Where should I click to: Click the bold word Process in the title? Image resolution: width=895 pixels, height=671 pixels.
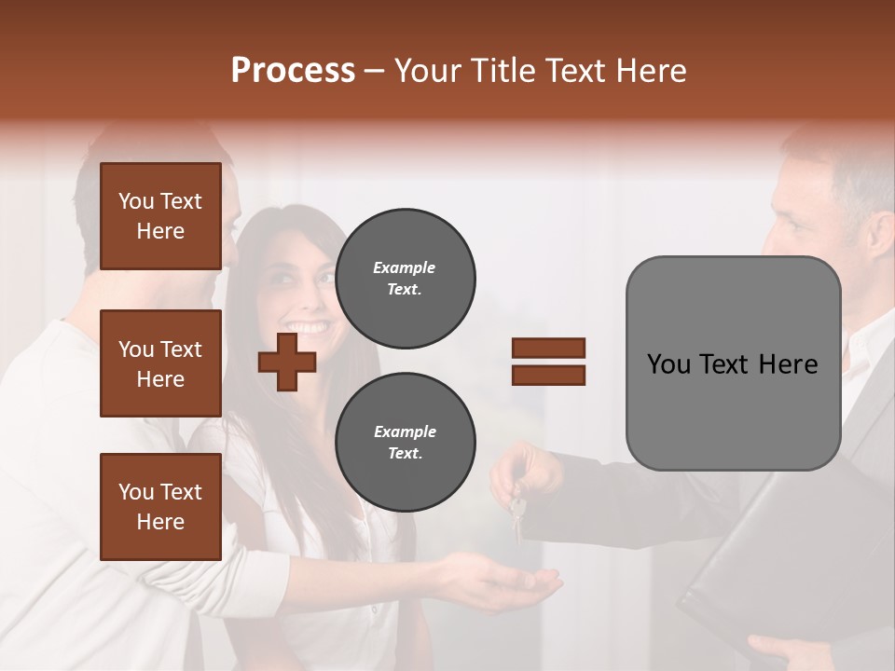(293, 71)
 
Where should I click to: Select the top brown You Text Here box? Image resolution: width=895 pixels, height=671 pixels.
(160, 216)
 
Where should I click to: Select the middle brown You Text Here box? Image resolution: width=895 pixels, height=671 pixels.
(160, 363)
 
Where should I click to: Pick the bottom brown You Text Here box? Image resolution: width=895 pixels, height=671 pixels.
(160, 507)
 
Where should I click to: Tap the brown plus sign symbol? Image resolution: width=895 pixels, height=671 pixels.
(287, 362)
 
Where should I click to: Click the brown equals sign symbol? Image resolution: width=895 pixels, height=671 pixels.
(548, 362)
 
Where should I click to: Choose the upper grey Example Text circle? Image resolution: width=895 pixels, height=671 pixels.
(405, 278)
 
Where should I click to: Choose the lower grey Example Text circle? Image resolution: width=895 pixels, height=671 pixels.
(405, 442)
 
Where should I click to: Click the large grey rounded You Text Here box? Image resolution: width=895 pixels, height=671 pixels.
(733, 363)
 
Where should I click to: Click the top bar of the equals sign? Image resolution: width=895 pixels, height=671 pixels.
(548, 349)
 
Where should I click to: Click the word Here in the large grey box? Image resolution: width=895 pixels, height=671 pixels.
(788, 364)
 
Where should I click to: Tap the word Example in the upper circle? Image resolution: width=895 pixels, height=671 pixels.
(405, 267)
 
